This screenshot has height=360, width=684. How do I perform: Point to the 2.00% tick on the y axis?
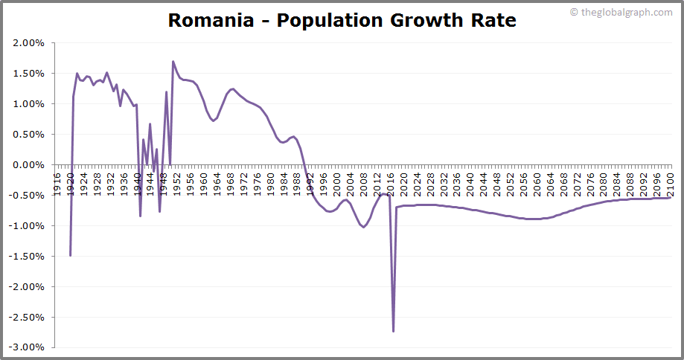coord(29,43)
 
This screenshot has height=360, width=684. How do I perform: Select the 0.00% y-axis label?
coord(29,165)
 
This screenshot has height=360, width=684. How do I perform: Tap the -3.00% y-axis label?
coord(27,347)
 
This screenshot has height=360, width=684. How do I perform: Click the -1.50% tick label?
coord(27,256)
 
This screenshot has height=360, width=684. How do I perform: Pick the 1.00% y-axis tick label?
coord(29,104)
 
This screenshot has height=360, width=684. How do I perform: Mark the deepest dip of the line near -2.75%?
coord(393,331)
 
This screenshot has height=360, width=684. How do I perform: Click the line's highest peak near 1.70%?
coord(173,62)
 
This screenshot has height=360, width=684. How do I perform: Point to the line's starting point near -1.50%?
coord(70,255)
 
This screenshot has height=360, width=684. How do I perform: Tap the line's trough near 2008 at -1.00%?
coord(363,227)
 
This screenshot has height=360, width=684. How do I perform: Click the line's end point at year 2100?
coord(670,198)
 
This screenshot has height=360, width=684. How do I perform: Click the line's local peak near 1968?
coord(233,89)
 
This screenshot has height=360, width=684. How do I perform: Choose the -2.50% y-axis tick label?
coord(27,317)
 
